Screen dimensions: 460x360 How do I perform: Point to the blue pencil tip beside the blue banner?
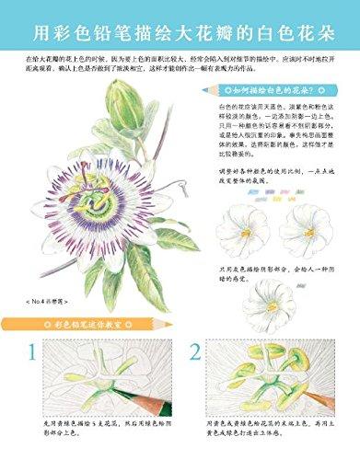tap(203, 90)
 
